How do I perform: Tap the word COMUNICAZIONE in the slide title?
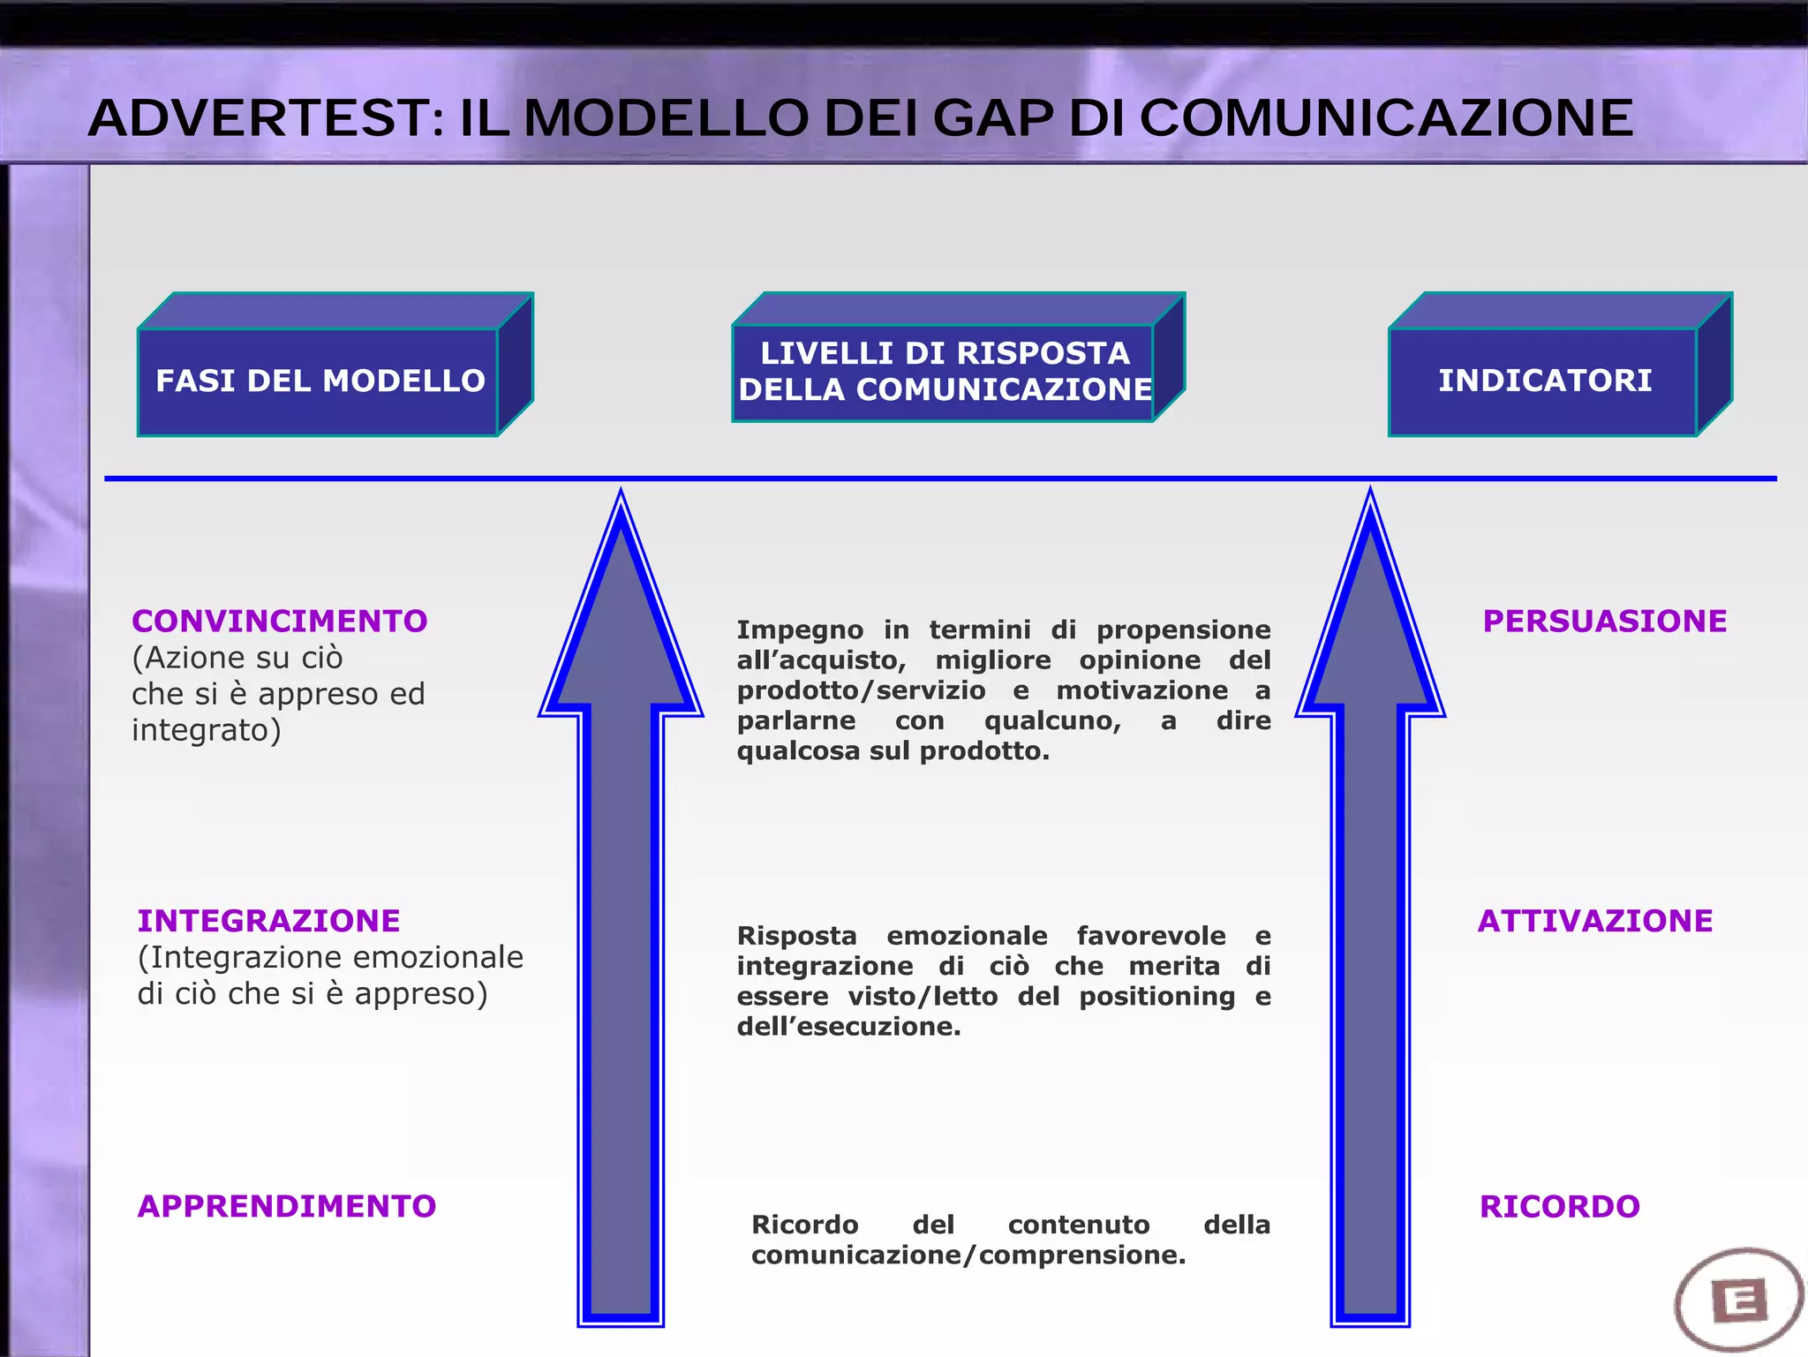click(x=1386, y=118)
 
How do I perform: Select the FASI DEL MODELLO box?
click(x=320, y=381)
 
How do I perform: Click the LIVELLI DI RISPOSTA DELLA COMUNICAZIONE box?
click(x=945, y=372)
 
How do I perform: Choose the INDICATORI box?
click(x=1544, y=381)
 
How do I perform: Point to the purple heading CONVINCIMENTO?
click(x=279, y=622)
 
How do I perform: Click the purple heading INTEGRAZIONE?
click(x=268, y=921)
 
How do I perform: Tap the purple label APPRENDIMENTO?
click(x=287, y=1206)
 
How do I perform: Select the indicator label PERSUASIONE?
click(x=1604, y=622)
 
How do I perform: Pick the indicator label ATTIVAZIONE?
click(x=1594, y=921)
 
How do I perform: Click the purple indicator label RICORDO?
click(x=1559, y=1206)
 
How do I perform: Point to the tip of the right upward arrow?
click(x=1370, y=494)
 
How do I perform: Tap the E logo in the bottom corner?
click(x=1738, y=1300)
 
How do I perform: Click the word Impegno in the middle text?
click(x=800, y=630)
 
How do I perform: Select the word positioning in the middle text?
click(x=1156, y=997)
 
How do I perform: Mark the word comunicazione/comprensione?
click(x=968, y=1255)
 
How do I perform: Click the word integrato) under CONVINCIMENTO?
click(x=206, y=731)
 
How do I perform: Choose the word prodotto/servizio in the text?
click(x=861, y=690)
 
